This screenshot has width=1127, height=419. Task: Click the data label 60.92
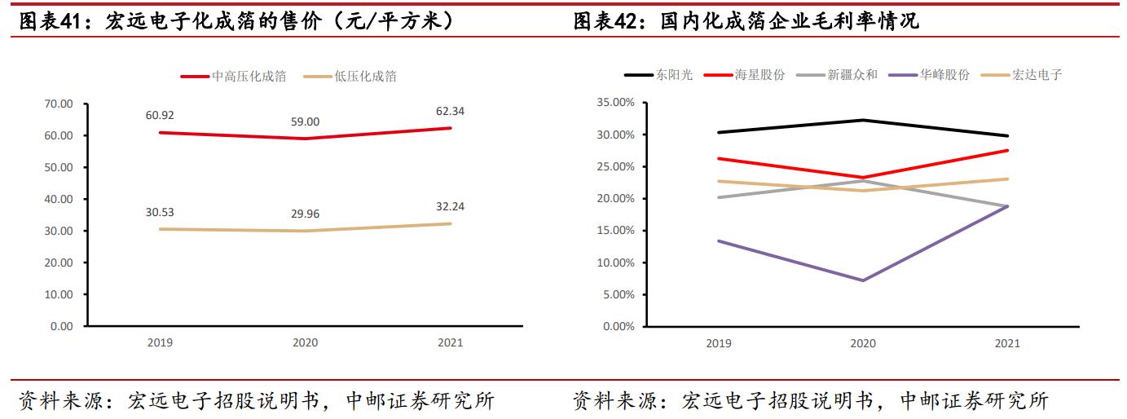coord(160,115)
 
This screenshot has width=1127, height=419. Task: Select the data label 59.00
coord(306,121)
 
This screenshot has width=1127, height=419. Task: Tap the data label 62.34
coord(451,111)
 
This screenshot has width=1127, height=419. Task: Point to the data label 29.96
coord(306,214)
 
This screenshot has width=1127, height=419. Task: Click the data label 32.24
coord(451,205)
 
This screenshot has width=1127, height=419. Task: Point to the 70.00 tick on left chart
coord(57,104)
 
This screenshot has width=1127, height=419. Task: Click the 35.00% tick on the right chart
coord(615,103)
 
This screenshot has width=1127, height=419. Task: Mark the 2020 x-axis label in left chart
coord(306,342)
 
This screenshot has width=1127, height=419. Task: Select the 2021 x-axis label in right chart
coord(1007,343)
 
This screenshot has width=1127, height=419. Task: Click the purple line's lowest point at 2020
coord(862,280)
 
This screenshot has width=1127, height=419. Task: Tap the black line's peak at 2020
coord(862,120)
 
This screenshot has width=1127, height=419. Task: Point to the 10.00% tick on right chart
coord(615,262)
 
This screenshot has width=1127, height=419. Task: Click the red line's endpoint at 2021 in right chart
coord(1007,150)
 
